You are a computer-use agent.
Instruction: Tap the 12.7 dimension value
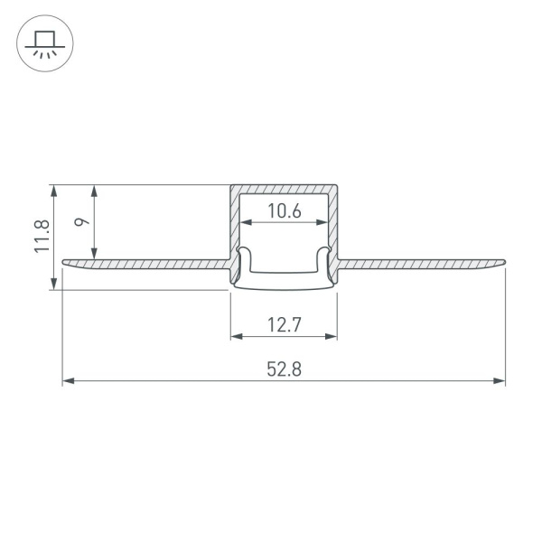(284, 322)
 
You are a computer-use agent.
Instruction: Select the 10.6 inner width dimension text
(284, 212)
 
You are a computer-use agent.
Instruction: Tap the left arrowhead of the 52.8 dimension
(67, 382)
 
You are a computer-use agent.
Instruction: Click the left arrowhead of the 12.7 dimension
(236, 337)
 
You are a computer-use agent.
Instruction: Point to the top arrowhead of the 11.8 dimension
(55, 190)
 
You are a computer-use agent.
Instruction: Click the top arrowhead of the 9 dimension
(95, 190)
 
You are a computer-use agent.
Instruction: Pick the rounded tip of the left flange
(65, 263)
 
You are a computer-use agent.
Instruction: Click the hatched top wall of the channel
(284, 189)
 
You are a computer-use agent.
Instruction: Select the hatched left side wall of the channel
(234, 226)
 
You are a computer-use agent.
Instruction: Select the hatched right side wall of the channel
(333, 226)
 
